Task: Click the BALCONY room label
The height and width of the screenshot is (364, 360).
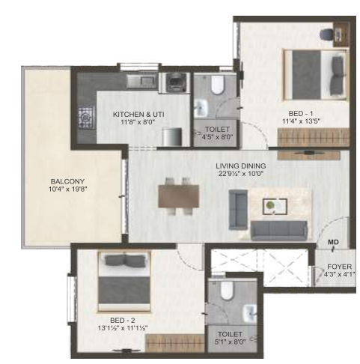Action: pyautogui.click(x=67, y=181)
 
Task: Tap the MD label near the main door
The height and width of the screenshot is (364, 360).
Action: pyautogui.click(x=333, y=242)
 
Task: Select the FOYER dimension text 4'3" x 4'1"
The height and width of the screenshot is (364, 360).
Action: pyautogui.click(x=339, y=275)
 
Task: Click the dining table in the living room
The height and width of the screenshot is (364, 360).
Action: pyautogui.click(x=179, y=196)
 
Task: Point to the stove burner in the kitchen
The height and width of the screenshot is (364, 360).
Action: pyautogui.click(x=86, y=117)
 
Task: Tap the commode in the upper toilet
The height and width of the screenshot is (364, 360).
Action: pyautogui.click(x=217, y=85)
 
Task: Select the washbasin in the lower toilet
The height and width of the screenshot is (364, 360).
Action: pyautogui.click(x=250, y=313)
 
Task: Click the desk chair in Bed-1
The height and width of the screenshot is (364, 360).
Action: pyautogui.click(x=326, y=34)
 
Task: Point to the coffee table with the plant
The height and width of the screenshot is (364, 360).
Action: pyautogui.click(x=275, y=207)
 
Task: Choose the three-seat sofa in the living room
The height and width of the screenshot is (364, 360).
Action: pyautogui.click(x=279, y=231)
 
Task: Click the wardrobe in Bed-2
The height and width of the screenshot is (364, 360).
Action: pyautogui.click(x=175, y=343)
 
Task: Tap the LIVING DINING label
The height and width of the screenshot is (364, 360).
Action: pyautogui.click(x=241, y=166)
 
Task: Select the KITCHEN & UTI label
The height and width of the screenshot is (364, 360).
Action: pyautogui.click(x=138, y=115)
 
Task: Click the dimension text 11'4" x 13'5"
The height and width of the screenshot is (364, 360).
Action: pyautogui.click(x=301, y=121)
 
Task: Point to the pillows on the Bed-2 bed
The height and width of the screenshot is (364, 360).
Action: pyautogui.click(x=124, y=261)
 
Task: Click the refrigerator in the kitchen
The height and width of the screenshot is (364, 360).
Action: pyautogui.click(x=171, y=137)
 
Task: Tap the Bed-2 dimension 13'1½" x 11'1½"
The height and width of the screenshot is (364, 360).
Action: pyautogui.click(x=123, y=328)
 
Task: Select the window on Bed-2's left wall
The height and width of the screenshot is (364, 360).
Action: pyautogui.click(x=72, y=299)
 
